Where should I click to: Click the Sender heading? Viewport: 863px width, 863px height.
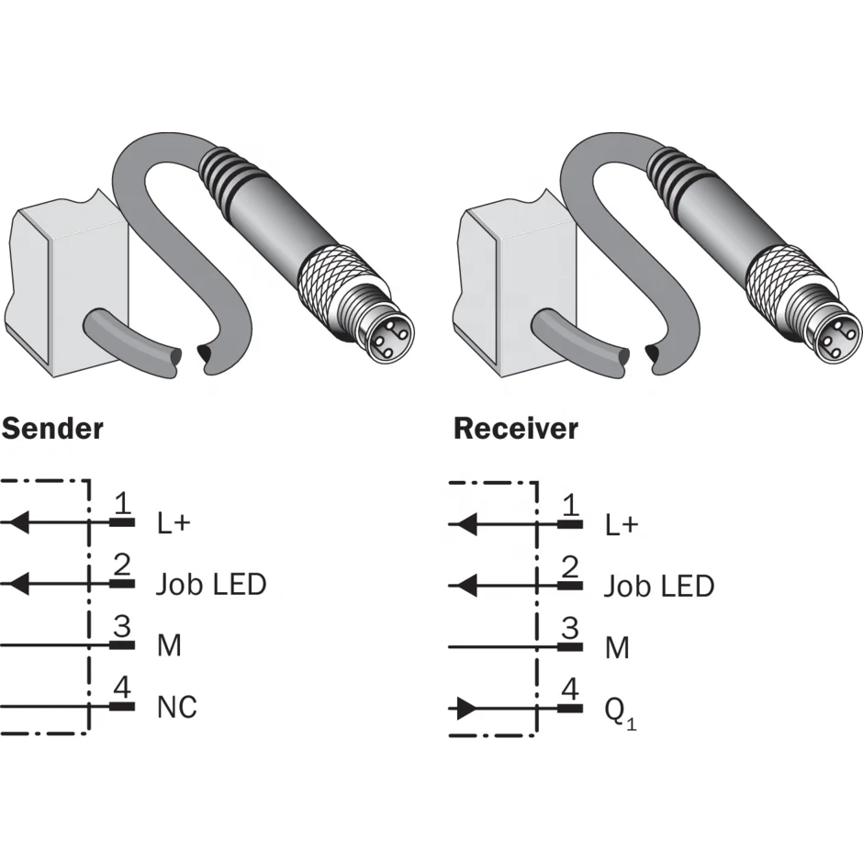(52, 429)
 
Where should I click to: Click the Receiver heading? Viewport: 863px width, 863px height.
(516, 429)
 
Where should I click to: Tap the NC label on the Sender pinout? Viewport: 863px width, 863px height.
(176, 707)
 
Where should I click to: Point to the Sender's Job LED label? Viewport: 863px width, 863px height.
(211, 585)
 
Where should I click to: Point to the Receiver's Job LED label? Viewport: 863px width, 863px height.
(659, 586)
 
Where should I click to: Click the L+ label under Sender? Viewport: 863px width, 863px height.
(174, 523)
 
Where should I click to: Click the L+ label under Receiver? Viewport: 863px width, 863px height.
(622, 525)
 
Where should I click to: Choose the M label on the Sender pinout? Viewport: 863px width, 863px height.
(169, 645)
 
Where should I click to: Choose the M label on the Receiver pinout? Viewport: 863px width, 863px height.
(617, 648)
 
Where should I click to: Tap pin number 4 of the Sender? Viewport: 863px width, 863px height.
(122, 688)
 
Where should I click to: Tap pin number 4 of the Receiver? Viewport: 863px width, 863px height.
(570, 689)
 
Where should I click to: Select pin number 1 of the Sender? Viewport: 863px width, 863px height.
(122, 502)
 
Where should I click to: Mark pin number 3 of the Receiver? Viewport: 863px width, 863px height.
(570, 628)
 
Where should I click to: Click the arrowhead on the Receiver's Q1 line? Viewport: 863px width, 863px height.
(466, 709)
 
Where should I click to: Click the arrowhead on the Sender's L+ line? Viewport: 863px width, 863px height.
(20, 521)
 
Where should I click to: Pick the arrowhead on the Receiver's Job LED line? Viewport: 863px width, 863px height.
(468, 586)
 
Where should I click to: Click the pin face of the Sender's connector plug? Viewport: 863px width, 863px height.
(388, 338)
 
